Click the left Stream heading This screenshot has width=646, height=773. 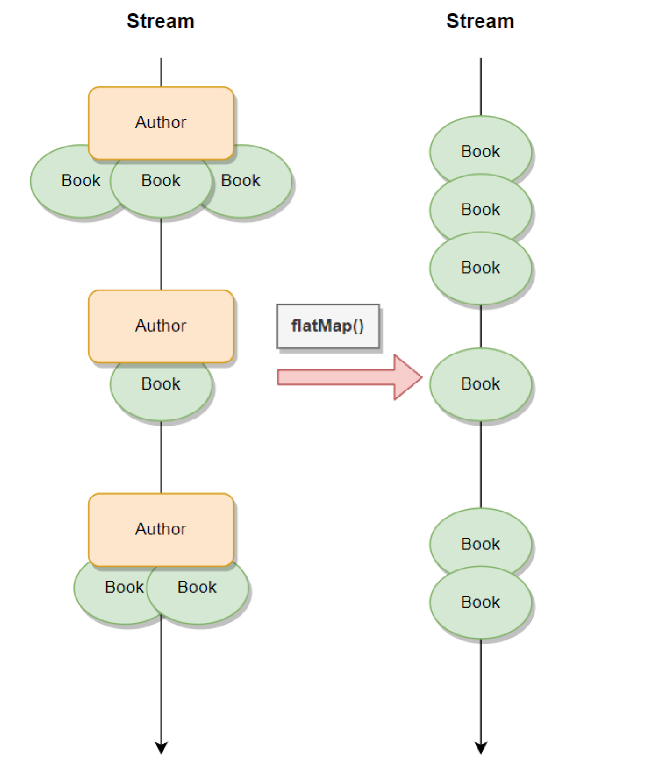160,22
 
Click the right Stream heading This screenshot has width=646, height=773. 480,22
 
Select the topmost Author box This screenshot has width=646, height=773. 161,123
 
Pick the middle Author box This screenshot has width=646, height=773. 161,326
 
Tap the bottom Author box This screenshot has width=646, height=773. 161,529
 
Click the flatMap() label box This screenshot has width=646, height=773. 327,326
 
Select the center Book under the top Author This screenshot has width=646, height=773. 161,186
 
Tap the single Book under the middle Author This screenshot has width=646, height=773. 161,388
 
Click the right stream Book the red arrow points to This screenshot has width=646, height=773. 480,384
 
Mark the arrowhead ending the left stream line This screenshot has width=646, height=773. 161,747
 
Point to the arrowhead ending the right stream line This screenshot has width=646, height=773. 480,747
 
